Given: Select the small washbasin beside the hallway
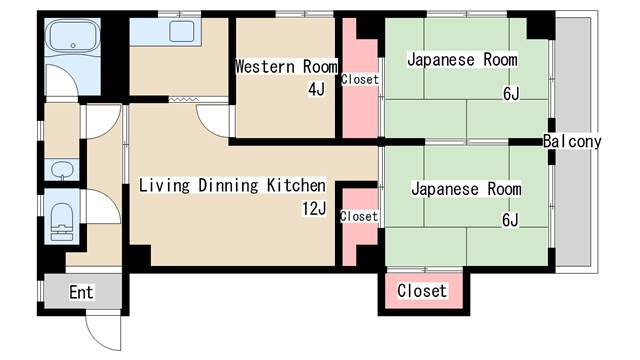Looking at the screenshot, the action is click(x=62, y=169).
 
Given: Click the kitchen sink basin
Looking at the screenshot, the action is click(x=182, y=31).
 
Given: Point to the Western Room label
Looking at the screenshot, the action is click(x=287, y=67).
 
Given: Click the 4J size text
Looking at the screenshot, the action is click(x=317, y=89).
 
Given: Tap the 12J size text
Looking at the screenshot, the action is click(x=314, y=209).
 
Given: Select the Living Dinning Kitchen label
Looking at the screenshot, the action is click(x=233, y=185).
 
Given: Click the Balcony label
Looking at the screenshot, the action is click(x=572, y=142).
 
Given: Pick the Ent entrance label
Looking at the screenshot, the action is click(x=81, y=292).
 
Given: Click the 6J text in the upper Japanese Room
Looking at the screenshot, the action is click(x=511, y=94).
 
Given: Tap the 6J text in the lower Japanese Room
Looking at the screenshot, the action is click(x=510, y=220).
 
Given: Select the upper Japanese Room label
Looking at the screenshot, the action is click(x=462, y=60).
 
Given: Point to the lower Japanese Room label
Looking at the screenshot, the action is click(x=466, y=189).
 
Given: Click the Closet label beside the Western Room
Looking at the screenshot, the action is click(x=360, y=79).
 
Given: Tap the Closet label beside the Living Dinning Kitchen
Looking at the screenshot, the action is click(x=359, y=216).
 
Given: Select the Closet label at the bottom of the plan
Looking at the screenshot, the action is click(x=422, y=291).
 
